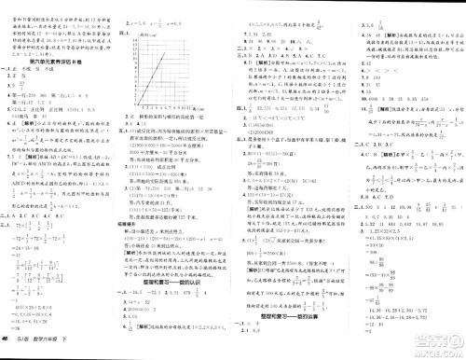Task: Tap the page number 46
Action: click(x=7, y=349)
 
